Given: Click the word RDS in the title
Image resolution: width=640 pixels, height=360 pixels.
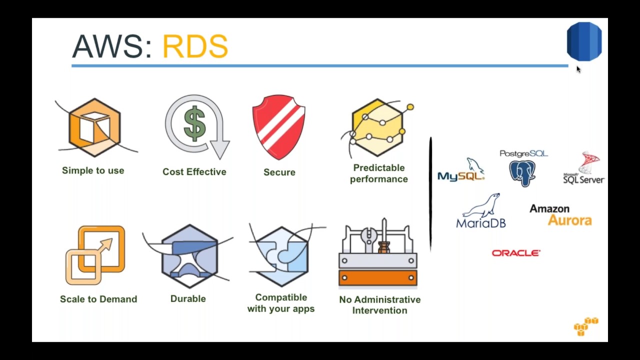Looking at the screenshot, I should (x=195, y=47).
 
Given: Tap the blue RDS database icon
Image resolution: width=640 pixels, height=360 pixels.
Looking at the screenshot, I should (x=584, y=41).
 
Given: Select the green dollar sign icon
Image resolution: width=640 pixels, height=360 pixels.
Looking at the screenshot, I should (x=194, y=123).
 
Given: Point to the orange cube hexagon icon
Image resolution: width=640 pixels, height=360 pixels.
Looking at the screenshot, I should (x=95, y=127).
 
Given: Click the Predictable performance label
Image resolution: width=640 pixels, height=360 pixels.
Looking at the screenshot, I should (x=378, y=173).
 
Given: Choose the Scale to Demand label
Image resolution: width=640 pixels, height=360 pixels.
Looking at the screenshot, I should (x=98, y=299).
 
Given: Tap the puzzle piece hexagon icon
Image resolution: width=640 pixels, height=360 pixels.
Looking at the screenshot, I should (x=281, y=255).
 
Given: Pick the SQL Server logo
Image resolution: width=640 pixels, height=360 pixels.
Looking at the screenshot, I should (x=584, y=169).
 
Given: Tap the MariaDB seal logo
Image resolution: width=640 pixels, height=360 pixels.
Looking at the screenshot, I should (x=481, y=211).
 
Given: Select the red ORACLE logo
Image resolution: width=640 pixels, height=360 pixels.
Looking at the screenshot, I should (x=515, y=253).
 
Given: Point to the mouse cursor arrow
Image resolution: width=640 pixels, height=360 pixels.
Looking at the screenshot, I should (x=578, y=69).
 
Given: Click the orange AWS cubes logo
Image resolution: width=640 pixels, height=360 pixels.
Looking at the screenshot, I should (x=585, y=326).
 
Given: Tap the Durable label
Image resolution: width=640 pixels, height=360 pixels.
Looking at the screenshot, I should (x=188, y=298).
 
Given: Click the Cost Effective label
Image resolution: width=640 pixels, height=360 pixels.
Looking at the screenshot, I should (x=194, y=171).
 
